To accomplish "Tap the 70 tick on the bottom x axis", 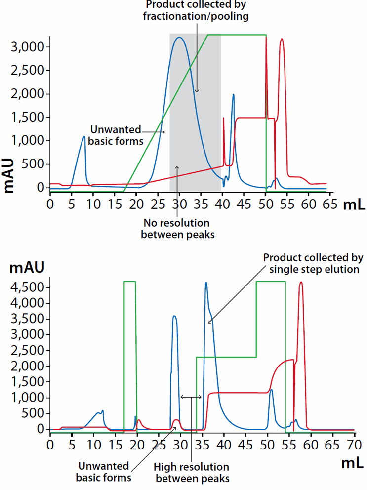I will pyautogui.click(x=351, y=443).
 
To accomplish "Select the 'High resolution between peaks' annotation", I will pyautogui.click(x=191, y=472).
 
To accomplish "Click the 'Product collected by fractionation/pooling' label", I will pyautogui.click(x=197, y=10).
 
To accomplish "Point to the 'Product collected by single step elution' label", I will pyautogui.click(x=313, y=263).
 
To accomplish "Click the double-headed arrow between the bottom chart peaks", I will pyautogui.click(x=191, y=397).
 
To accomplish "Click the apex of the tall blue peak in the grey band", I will pyautogui.click(x=179, y=37).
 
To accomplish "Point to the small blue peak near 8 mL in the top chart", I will pyautogui.click(x=84, y=137).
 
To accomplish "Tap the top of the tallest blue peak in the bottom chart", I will pyautogui.click(x=206, y=283).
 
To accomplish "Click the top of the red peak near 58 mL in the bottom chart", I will pyautogui.click(x=301, y=282).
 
